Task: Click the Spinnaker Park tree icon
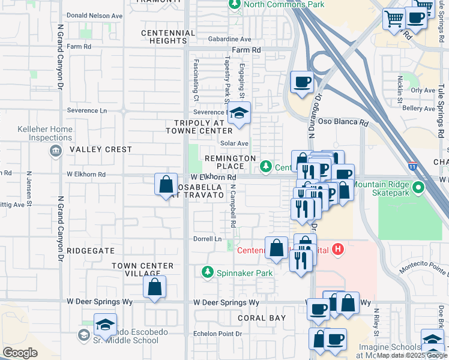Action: pyautogui.click(x=208, y=272)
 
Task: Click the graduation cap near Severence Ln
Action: pyautogui.click(x=239, y=113)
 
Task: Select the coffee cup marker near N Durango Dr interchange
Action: pyautogui.click(x=302, y=82)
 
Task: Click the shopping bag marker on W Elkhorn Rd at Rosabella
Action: pyautogui.click(x=166, y=185)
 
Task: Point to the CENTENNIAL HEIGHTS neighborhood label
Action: pyautogui.click(x=164, y=37)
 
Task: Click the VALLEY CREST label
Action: pyautogui.click(x=100, y=149)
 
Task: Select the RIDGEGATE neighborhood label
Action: pyautogui.click(x=90, y=250)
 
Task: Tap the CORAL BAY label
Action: pyautogui.click(x=261, y=318)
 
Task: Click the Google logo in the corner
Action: pyautogui.click(x=20, y=353)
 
